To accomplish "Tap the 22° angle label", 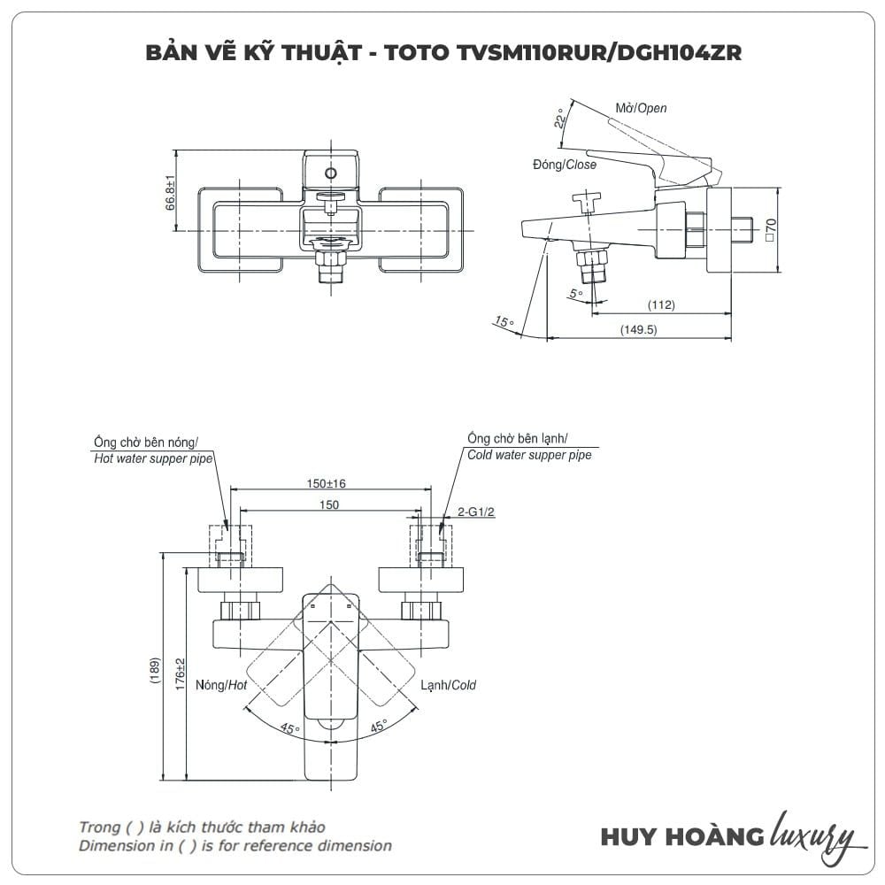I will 559,119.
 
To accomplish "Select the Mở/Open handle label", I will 642,108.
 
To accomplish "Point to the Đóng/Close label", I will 565,165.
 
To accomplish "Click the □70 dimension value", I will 770,229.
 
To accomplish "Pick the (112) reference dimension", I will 661,305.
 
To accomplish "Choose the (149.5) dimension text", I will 638,329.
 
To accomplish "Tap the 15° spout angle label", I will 504,323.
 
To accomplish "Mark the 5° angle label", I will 576,293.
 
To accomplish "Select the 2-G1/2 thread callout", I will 475,512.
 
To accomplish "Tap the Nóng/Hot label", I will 221,685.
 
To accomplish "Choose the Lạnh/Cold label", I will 448,685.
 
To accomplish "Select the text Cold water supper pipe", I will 529,455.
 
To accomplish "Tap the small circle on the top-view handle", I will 332,173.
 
